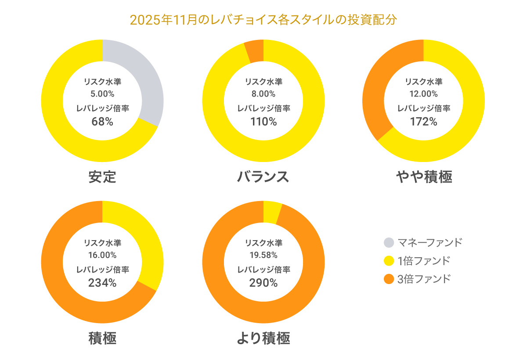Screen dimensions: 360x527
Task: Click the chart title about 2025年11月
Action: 263,20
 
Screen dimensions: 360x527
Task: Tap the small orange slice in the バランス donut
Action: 255,51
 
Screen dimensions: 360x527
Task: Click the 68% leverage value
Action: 102,122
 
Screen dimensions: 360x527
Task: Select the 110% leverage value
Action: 263,122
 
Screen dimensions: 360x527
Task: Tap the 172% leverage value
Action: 424,122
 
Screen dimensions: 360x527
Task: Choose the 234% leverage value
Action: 102,283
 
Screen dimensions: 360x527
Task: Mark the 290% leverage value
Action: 263,283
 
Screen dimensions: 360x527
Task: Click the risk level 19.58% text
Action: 263,255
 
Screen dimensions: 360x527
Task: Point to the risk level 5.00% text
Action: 102,94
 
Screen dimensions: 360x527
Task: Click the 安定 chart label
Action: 102,177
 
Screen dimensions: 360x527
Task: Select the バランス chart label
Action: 263,177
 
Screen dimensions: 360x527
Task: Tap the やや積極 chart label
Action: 424,177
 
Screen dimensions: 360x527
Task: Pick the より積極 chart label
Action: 263,338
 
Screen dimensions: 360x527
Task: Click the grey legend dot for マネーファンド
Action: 389,242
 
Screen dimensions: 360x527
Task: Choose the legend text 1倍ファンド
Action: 423,261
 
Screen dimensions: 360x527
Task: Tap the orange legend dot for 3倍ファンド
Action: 389,279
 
